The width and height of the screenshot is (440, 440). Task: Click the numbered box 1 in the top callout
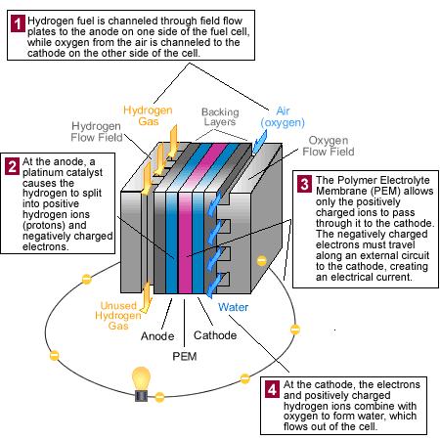point(17,21)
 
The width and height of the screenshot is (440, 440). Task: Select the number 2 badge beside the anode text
point(12,165)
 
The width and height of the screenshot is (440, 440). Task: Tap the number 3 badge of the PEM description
point(304,183)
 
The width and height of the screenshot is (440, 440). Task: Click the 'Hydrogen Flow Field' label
point(98,131)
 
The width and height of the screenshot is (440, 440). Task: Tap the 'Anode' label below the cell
point(156,335)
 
